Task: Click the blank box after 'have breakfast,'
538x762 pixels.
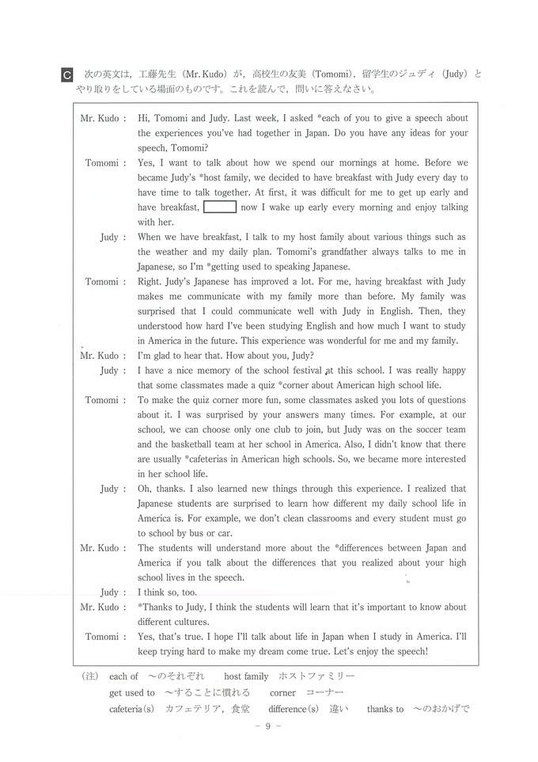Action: [220, 208]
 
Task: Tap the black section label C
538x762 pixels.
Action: [67, 74]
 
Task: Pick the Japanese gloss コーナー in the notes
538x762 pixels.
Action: [321, 692]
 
